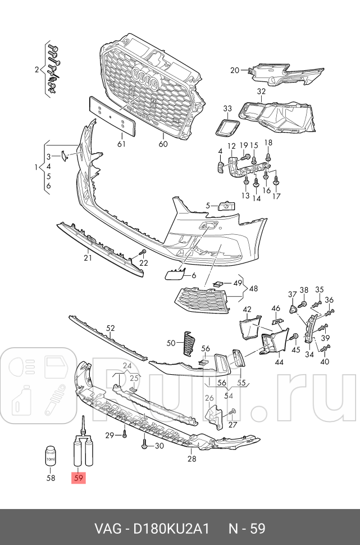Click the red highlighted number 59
78,479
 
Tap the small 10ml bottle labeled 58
51,457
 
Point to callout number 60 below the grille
163,144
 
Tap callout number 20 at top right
235,70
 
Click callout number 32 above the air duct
261,91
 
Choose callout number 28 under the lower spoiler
192,459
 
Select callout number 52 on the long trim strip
110,328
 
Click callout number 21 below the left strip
88,258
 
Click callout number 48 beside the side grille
254,289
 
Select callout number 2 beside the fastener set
37,70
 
